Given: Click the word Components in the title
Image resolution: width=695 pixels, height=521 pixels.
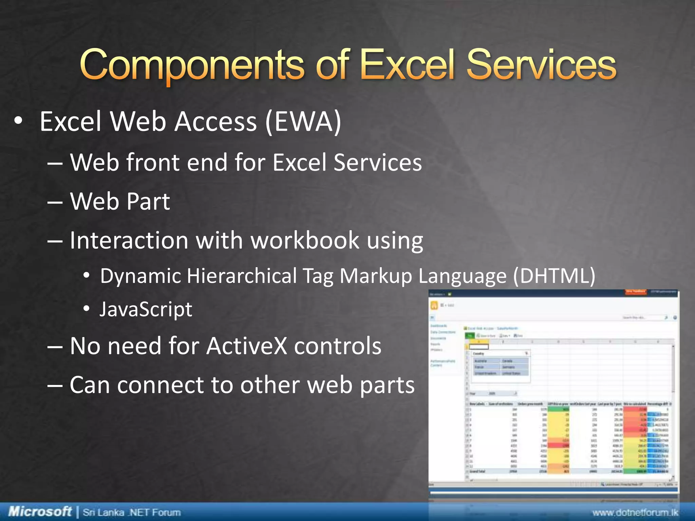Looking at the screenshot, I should pyautogui.click(x=192, y=65).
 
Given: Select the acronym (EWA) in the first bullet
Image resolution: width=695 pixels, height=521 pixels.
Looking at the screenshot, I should pyautogui.click(x=303, y=121).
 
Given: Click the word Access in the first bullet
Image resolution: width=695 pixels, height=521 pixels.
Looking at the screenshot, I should pyautogui.click(x=215, y=121).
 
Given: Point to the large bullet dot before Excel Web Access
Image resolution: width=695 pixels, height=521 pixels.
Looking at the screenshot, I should pyautogui.click(x=18, y=121).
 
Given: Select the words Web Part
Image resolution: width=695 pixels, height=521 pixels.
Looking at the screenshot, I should pyautogui.click(x=120, y=201).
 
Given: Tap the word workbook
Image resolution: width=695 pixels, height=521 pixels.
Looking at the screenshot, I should pyautogui.click(x=304, y=240).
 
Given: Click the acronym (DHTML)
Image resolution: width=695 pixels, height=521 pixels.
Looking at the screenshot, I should pyautogui.click(x=554, y=275).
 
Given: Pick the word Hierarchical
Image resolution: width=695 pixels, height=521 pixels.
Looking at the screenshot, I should pyautogui.click(x=242, y=275).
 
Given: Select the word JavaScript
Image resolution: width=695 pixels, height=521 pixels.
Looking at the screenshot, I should pyautogui.click(x=146, y=309).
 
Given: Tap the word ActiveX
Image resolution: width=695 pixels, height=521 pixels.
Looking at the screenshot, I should pyautogui.click(x=247, y=346).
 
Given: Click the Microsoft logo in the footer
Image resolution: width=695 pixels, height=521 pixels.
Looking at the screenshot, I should pyautogui.click(x=40, y=511).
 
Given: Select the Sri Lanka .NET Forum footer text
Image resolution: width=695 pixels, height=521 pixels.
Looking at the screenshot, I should pyautogui.click(x=132, y=512).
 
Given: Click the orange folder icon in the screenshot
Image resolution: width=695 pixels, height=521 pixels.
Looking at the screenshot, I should pyautogui.click(x=434, y=305).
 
